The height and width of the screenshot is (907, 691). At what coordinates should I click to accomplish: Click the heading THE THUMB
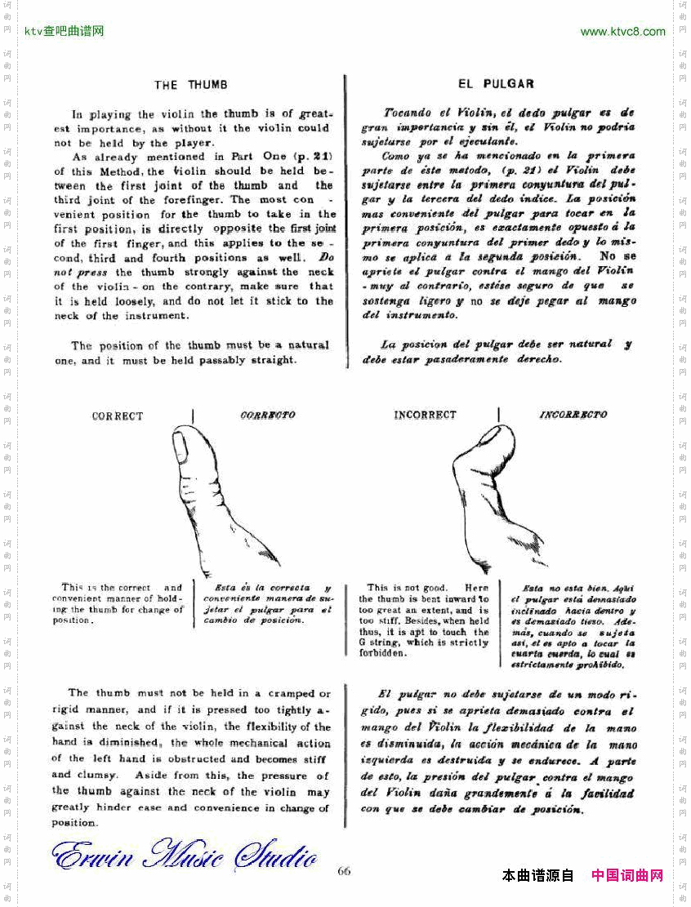(x=191, y=85)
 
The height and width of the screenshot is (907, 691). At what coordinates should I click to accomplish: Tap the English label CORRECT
(x=118, y=416)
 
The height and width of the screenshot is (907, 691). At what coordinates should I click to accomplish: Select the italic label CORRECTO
(x=268, y=416)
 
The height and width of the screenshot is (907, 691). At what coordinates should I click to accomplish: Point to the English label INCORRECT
(x=425, y=416)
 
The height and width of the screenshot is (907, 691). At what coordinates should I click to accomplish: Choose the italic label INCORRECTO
(x=573, y=415)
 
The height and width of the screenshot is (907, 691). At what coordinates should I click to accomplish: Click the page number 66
(x=344, y=871)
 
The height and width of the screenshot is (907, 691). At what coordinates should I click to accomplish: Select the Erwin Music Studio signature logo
(x=185, y=856)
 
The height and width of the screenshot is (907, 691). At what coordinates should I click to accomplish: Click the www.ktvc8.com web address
(x=622, y=32)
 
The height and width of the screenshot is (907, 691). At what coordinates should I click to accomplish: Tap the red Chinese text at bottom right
(x=626, y=876)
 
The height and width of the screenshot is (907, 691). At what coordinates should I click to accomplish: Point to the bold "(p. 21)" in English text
(x=301, y=157)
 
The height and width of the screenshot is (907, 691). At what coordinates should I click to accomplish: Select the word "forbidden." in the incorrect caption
(x=383, y=654)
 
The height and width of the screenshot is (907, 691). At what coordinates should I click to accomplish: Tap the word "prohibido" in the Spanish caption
(x=600, y=665)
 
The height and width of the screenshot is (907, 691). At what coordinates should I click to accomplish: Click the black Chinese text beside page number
(x=538, y=876)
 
